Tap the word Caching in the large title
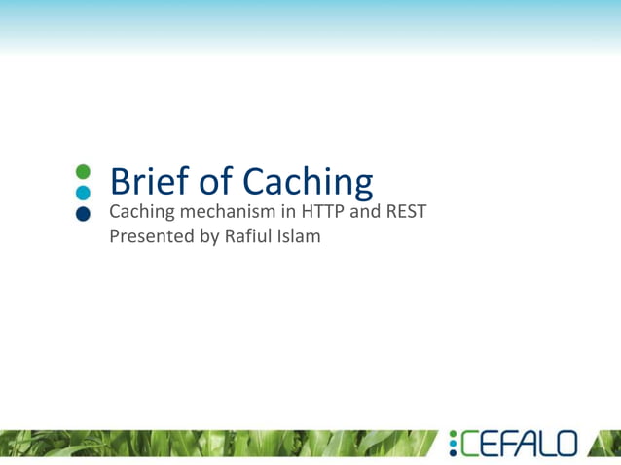[307, 183]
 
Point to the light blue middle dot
[83, 193]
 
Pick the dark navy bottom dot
[83, 213]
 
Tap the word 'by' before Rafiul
[211, 236]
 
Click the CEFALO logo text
[519, 445]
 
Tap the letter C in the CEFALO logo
[470, 445]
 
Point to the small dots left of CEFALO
[453, 445]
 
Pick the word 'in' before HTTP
[287, 211]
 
